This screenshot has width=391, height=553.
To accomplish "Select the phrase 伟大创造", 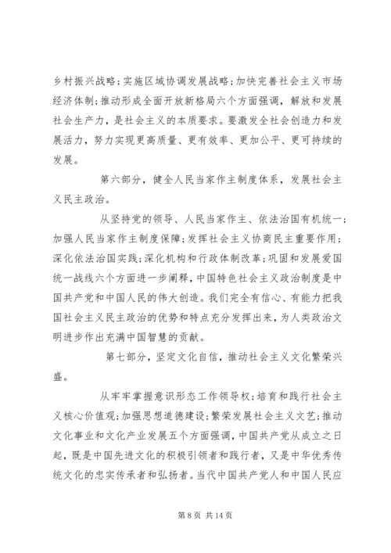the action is point(212,279).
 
